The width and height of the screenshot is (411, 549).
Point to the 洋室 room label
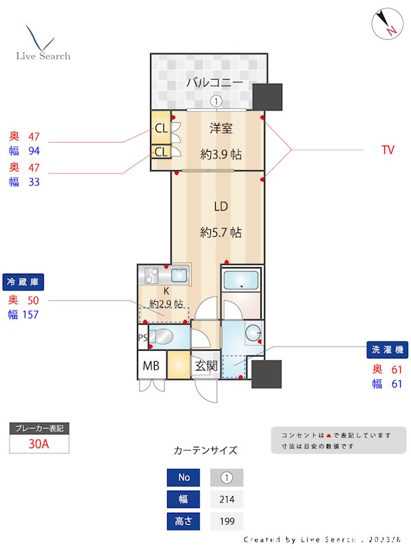point(221,128)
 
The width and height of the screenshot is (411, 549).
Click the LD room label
point(221,207)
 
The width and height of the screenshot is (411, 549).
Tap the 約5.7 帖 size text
point(221,233)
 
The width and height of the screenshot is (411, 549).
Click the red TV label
point(388,150)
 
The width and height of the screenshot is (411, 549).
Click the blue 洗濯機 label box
point(388,350)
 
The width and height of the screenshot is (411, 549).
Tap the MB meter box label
point(151,366)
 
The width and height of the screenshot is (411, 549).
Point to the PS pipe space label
point(142,338)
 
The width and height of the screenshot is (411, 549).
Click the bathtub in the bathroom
point(240,281)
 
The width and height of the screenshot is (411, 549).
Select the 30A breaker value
point(39,444)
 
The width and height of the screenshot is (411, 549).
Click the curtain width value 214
point(227,500)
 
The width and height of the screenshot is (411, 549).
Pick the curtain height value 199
point(227,522)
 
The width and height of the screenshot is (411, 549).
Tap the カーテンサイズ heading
point(206,451)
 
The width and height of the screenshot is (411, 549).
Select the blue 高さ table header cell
point(184,522)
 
